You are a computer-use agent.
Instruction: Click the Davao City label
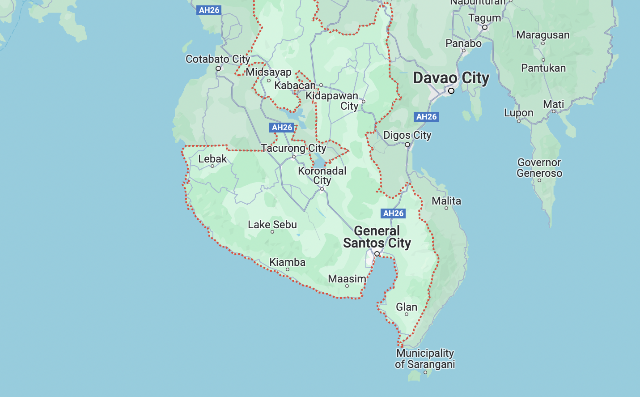451,78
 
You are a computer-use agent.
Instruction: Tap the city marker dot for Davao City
451,91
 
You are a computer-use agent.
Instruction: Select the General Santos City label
377,237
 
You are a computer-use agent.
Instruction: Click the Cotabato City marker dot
218,68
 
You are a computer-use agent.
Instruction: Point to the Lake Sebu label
272,224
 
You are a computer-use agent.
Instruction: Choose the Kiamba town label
287,262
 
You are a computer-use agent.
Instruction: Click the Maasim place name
347,279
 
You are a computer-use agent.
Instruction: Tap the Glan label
407,307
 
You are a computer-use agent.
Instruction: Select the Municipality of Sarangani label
425,359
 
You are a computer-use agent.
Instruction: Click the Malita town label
446,201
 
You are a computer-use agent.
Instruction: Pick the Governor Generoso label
539,168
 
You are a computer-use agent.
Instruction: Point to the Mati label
553,104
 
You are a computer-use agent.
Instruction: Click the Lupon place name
518,113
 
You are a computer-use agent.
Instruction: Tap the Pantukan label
543,68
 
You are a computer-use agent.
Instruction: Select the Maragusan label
543,35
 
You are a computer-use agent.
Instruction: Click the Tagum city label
484,18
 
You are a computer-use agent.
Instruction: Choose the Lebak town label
212,159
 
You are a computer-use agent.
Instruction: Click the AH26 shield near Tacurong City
282,128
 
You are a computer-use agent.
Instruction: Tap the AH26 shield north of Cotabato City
209,10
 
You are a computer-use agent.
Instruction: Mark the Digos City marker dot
407,145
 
